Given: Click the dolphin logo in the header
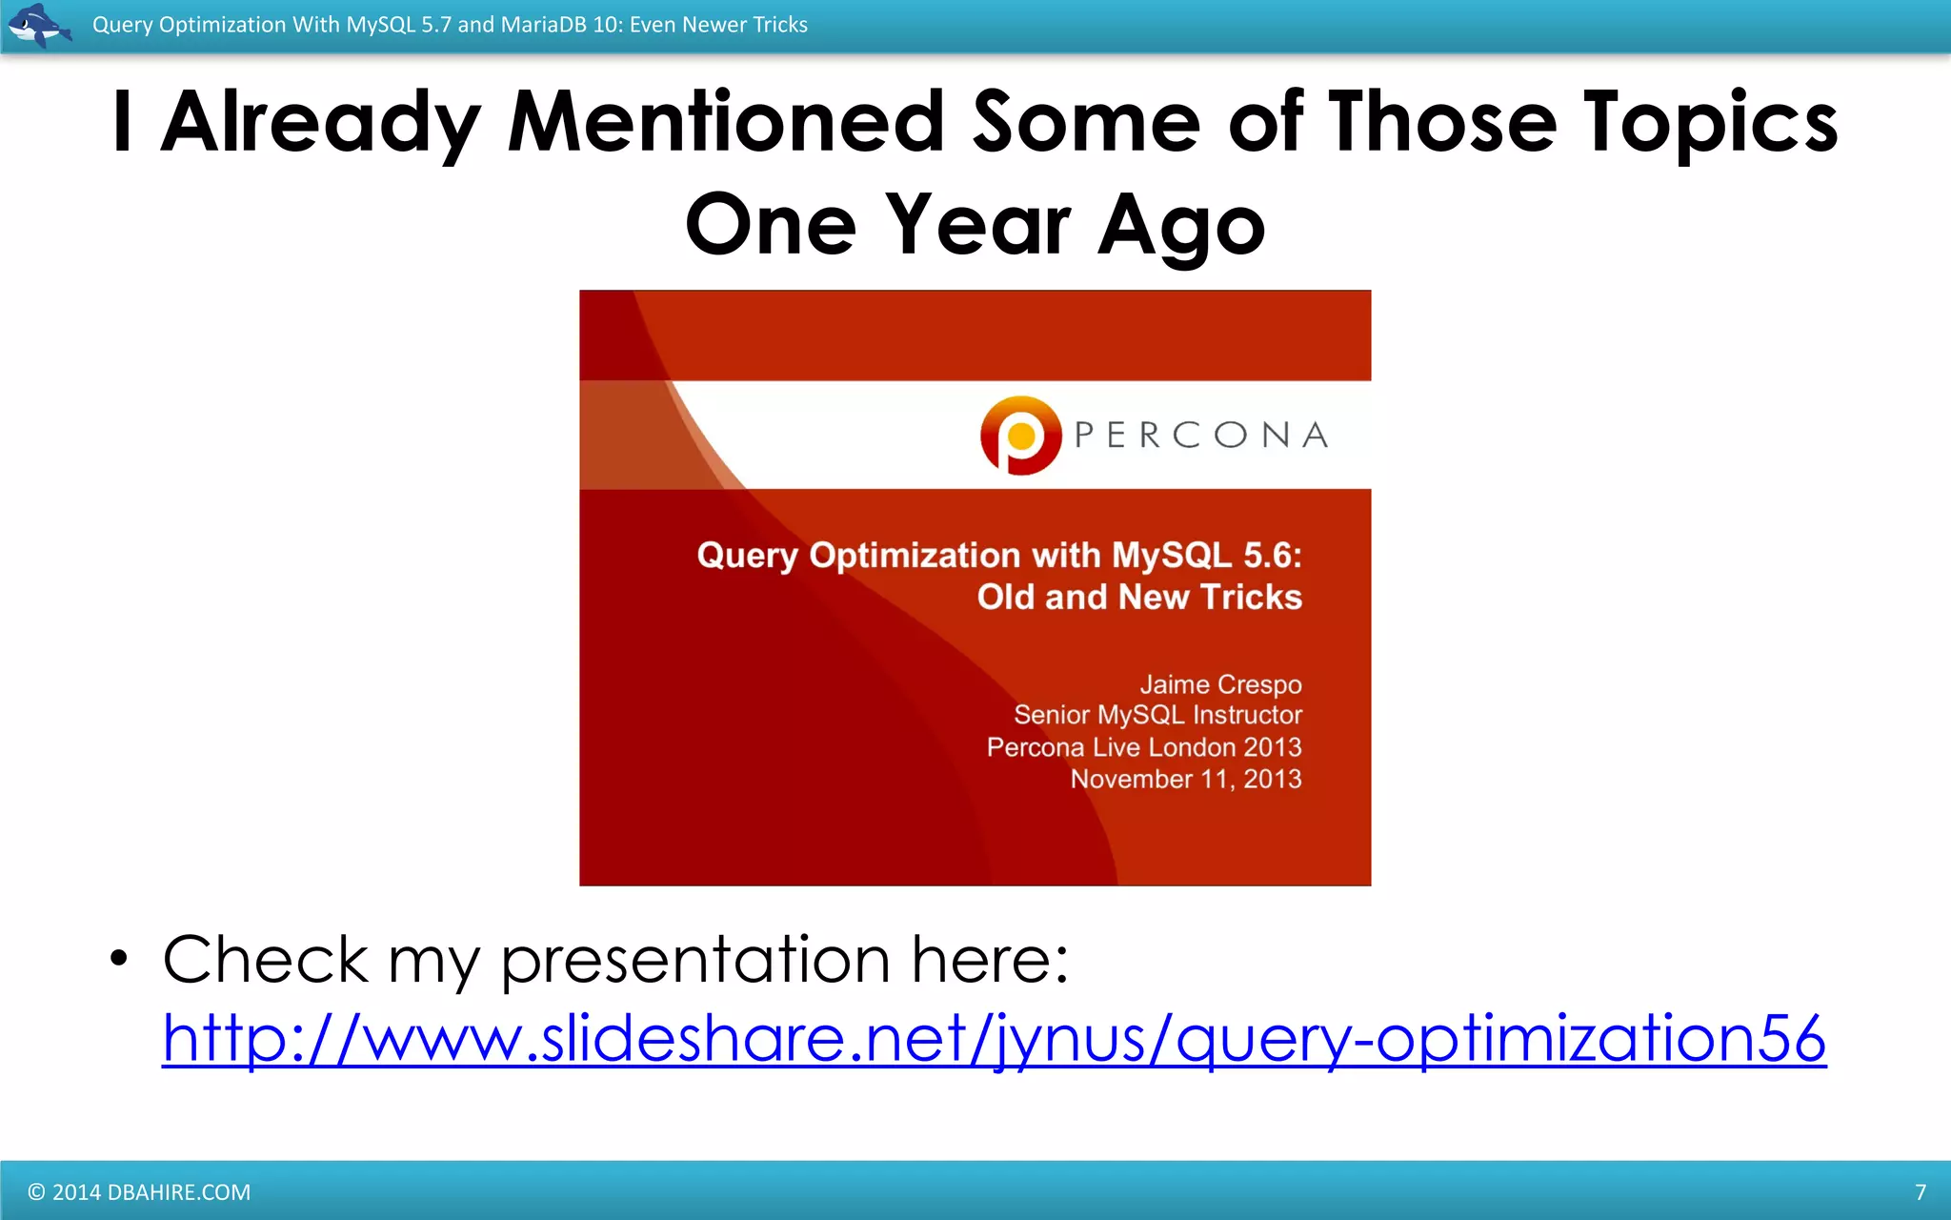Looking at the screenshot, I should [38, 25].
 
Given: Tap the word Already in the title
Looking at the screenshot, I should [320, 122].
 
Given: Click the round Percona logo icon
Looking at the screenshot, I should [1020, 436].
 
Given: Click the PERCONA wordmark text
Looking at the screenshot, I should [1201, 436].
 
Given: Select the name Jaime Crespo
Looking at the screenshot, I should [1220, 684].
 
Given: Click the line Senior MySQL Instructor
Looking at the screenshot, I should [1157, 715].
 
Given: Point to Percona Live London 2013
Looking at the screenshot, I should [1143, 747].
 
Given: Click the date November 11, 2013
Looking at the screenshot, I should [1185, 779].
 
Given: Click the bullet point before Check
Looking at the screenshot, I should [118, 958].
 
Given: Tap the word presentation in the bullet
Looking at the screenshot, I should [695, 960].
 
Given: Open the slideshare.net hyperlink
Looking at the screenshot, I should [994, 1038].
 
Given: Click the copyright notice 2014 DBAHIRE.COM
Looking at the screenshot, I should [139, 1192].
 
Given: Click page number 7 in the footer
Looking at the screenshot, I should [1920, 1192].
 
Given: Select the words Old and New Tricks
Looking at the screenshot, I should [1138, 597].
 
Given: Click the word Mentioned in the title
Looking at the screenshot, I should [726, 122].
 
